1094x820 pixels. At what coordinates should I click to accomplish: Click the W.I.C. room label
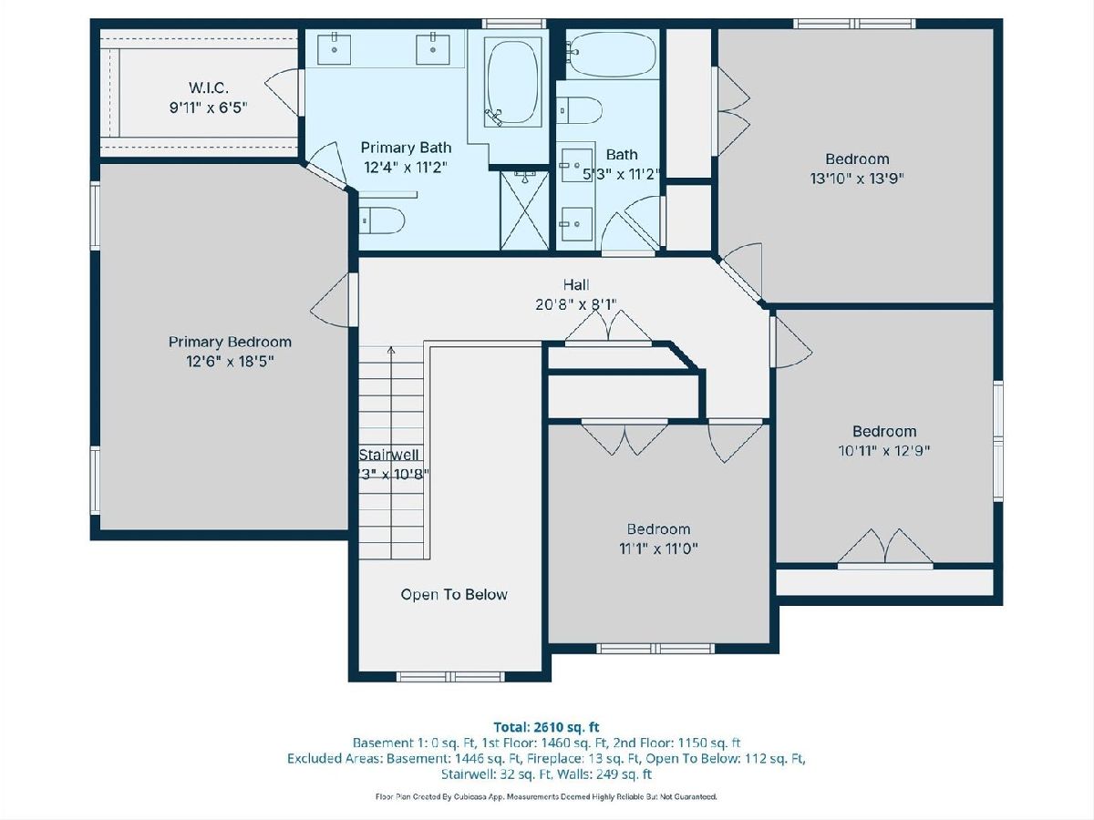tap(209, 88)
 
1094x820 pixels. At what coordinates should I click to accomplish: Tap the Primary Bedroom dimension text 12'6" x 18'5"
tap(230, 361)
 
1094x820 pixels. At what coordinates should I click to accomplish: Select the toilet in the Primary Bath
tap(382, 220)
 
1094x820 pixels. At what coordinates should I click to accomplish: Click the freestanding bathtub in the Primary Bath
tap(512, 83)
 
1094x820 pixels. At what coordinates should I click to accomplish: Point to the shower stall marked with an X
tap(524, 210)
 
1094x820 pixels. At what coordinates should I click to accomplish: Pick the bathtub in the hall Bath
tap(613, 55)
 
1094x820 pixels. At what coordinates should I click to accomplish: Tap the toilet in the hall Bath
tap(579, 110)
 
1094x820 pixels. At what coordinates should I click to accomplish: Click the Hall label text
tap(576, 285)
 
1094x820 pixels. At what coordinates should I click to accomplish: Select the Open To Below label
tap(454, 594)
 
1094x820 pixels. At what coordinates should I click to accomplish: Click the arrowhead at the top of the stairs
tap(391, 350)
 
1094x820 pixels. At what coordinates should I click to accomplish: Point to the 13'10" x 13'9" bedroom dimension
tap(857, 179)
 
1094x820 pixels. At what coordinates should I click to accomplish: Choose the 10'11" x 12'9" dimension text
tap(884, 451)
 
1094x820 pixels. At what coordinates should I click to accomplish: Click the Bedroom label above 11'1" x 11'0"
tap(658, 528)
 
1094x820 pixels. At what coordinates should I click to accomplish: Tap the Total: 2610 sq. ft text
tap(547, 727)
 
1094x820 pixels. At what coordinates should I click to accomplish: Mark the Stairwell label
tap(388, 455)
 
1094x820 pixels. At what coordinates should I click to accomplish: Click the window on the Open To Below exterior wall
tap(450, 677)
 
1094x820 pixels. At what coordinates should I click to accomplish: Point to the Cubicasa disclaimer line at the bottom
tap(546, 796)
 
